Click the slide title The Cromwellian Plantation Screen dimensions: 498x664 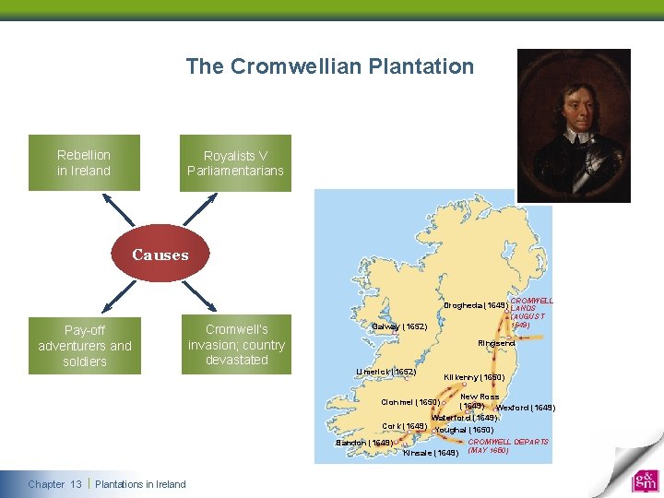point(329,66)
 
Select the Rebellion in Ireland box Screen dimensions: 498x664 point(84,163)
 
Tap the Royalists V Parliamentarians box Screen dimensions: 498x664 point(235,163)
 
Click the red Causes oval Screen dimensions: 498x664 point(160,255)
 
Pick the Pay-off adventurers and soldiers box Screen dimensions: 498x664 point(85,346)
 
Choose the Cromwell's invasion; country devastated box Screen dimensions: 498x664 point(236,345)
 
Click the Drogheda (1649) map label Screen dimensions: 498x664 point(475,305)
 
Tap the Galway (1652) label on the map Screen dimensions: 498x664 point(400,326)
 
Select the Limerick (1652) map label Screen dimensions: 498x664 point(386,372)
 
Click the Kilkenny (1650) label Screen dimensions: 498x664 point(474,377)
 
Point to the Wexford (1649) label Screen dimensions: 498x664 point(526,408)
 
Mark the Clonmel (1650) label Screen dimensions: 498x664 point(410,402)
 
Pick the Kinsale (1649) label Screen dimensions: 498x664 point(431,453)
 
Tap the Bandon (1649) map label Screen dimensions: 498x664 point(364,443)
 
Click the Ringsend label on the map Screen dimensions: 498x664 point(496,343)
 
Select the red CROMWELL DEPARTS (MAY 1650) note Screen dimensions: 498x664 point(508,446)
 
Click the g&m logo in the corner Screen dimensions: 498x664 point(645,481)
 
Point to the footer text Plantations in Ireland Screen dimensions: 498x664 point(140,484)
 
